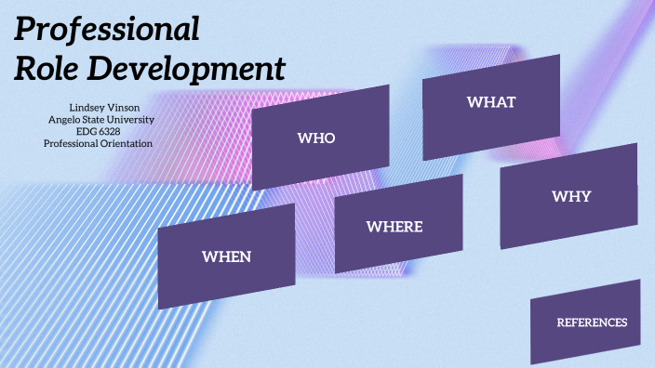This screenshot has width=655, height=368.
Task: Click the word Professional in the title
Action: coord(107,31)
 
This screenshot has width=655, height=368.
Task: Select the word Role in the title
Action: coord(47,69)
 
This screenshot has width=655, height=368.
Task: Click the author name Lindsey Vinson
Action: coord(100,108)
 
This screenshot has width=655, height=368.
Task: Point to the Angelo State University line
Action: coord(100,120)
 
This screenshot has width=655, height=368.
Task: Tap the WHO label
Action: coord(316,138)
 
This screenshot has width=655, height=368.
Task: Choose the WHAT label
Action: coord(491,101)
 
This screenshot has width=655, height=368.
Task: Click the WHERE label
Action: coord(394,227)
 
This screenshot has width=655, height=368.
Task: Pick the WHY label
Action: coord(571,196)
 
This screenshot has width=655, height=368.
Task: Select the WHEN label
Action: coord(227,256)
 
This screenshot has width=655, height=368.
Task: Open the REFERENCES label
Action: coord(592,322)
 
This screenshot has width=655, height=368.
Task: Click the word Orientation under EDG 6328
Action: coord(126,143)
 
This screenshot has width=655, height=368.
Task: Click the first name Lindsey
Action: coord(85,108)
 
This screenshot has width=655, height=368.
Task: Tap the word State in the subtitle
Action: coord(95,120)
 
